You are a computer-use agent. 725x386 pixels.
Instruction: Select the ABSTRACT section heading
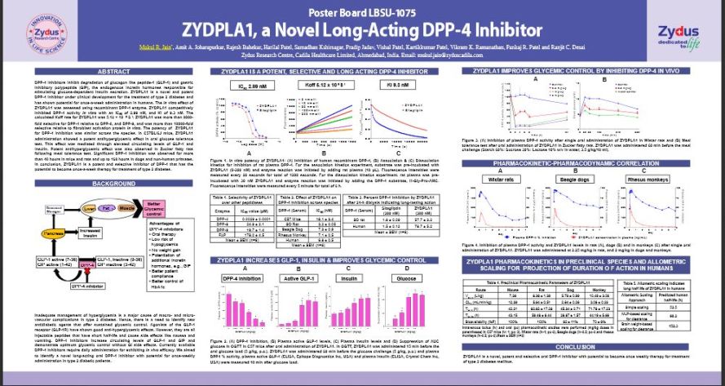pos(113,73)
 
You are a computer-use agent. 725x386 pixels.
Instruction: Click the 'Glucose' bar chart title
pos(424,279)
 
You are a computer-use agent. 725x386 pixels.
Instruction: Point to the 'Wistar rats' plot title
pos(505,178)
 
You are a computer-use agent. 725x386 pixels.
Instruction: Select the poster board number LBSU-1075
pos(362,11)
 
